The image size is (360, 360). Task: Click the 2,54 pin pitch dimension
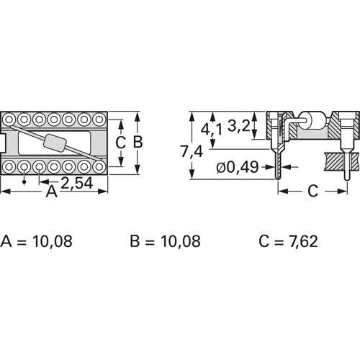tap(76, 184)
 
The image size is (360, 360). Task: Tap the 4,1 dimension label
tap(212, 130)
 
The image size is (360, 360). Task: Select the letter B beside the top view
tap(138, 142)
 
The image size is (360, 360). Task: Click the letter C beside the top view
tap(121, 142)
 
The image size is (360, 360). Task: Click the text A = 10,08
tap(37, 240)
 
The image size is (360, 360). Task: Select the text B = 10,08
tap(165, 240)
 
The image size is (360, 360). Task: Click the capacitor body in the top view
tap(55, 143)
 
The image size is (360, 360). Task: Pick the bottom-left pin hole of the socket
tap(11, 166)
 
